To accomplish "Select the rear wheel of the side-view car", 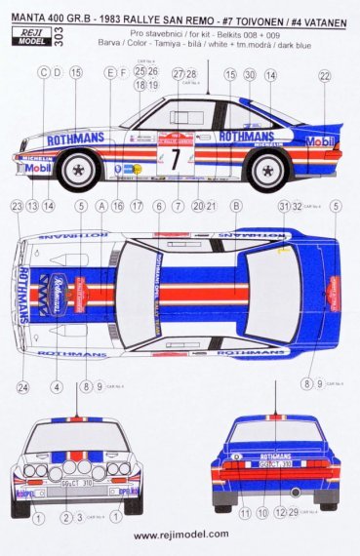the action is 266,170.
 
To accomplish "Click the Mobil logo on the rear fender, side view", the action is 320,141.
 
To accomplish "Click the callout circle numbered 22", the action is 324,75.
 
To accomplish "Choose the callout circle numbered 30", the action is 249,75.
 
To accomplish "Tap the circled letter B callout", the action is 235,206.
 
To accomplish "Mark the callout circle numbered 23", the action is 17,206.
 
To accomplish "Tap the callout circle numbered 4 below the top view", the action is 57,387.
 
